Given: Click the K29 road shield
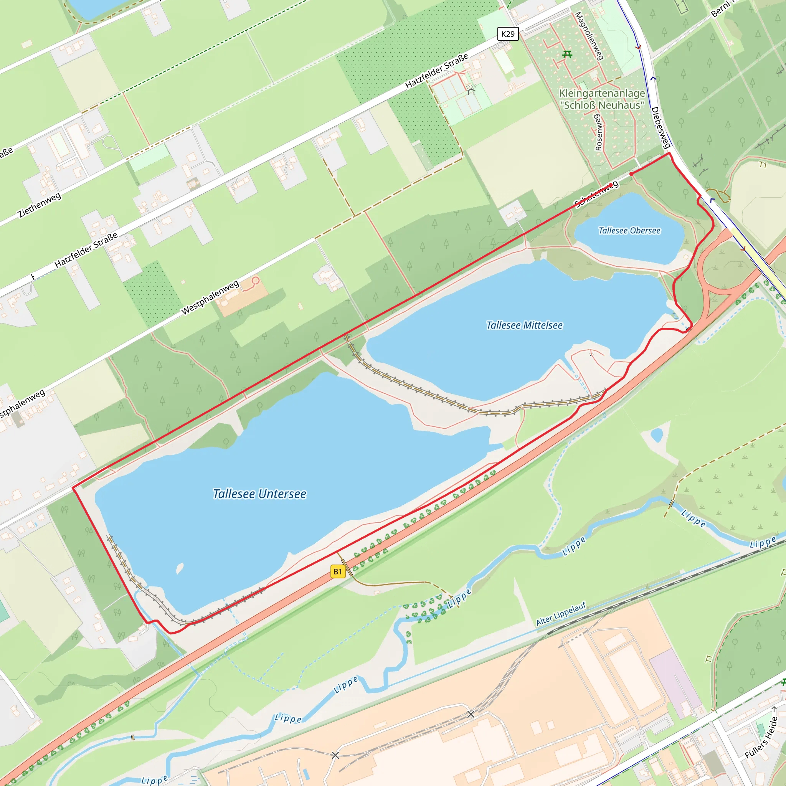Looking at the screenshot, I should (508, 34).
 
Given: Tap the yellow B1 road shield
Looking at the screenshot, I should (337, 571).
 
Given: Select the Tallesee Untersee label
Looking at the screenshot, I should (259, 494).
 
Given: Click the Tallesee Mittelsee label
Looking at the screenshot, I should (524, 325).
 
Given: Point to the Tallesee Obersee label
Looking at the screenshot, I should (629, 231).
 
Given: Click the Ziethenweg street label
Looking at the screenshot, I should (40, 205).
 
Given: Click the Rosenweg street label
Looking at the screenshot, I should (598, 133).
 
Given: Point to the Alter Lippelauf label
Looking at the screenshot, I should (561, 614).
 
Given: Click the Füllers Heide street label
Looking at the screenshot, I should (761, 738).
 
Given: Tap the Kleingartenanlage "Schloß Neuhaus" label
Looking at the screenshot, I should (602, 99).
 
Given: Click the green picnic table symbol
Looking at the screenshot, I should (567, 54).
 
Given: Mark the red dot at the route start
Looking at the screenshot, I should (631, 174).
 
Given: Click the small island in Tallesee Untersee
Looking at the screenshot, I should (179, 568).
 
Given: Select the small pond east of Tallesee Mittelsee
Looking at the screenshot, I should (657, 435).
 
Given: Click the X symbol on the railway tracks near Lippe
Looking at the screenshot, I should (471, 714).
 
